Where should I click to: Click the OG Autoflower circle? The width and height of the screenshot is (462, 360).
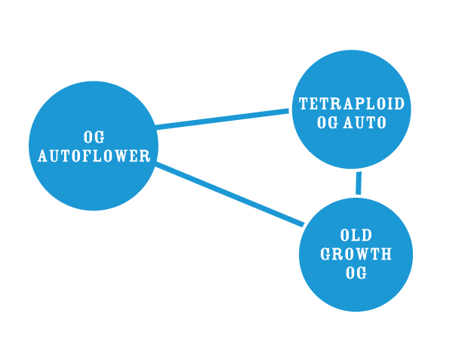click(94, 146)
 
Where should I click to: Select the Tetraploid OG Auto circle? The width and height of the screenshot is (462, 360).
click(352, 109)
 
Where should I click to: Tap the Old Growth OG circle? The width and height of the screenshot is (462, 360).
click(356, 254)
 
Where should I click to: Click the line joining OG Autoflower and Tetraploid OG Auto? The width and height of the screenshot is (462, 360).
click(222, 119)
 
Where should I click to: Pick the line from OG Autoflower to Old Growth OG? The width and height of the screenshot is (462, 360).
click(229, 194)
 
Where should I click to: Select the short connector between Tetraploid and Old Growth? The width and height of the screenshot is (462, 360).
click(359, 183)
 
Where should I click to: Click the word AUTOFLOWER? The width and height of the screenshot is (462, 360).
click(94, 155)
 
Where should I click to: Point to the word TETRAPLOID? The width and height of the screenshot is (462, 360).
click(352, 103)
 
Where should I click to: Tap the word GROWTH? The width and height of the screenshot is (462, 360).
click(356, 254)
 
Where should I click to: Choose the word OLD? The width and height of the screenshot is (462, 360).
click(356, 235)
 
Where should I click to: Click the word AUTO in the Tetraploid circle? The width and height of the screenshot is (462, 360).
click(365, 122)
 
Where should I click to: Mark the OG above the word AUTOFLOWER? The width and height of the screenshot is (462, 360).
click(94, 137)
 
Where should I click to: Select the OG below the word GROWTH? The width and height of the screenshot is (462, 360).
click(356, 272)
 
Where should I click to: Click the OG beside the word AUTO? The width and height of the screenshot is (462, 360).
click(328, 122)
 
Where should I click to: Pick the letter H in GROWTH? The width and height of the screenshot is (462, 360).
click(387, 254)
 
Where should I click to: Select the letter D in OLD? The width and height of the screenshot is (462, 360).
click(367, 235)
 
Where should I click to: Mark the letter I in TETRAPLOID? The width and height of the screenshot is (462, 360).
click(388, 103)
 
